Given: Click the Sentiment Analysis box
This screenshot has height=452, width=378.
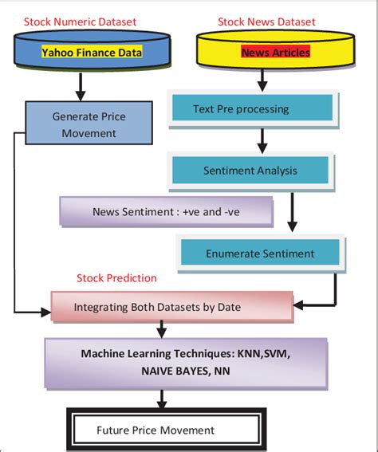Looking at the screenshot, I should [x=249, y=170].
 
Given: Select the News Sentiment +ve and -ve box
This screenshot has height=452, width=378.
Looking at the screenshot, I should [x=166, y=211].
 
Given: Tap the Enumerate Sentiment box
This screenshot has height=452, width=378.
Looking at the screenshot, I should [x=259, y=254].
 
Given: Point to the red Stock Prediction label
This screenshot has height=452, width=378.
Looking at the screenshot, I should [x=116, y=278].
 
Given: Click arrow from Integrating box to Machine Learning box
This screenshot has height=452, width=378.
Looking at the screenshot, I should [x=163, y=328].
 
